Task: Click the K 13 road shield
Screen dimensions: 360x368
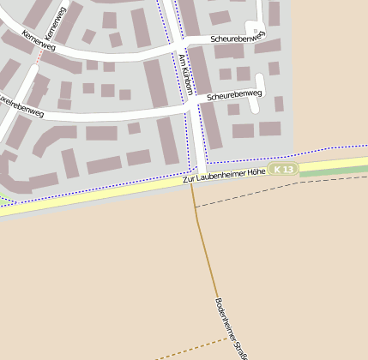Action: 283,170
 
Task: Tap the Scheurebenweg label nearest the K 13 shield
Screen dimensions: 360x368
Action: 234,95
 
